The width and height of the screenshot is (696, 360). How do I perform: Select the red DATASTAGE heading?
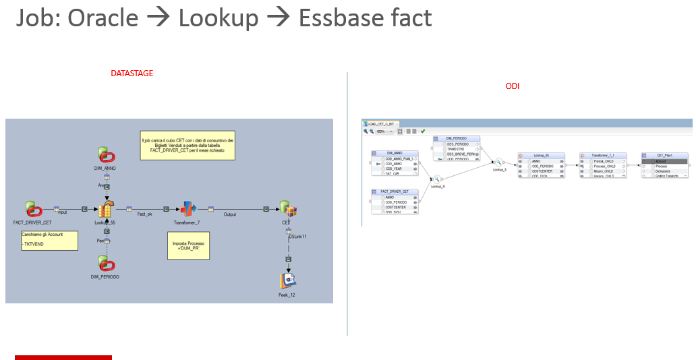[x=132, y=73]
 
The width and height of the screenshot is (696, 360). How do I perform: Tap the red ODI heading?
[x=513, y=86]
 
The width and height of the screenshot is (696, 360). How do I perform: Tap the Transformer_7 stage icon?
[x=188, y=210]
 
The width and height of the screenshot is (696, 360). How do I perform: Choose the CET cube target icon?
[x=288, y=210]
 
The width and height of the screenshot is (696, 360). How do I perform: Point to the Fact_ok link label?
[x=145, y=214]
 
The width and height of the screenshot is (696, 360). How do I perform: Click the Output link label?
[x=230, y=214]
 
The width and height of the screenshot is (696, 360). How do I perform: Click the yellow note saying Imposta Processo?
[x=188, y=245]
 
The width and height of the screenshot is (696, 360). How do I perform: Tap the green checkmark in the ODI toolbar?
[x=423, y=131]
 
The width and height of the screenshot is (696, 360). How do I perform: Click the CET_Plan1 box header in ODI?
[x=664, y=155]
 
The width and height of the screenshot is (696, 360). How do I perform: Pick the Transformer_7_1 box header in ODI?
[x=603, y=155]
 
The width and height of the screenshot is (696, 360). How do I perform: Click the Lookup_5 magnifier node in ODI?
[x=499, y=162]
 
